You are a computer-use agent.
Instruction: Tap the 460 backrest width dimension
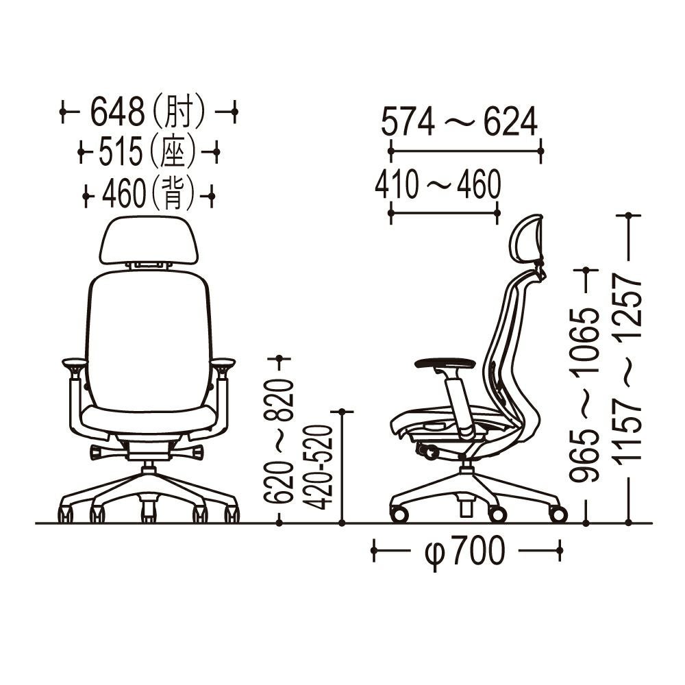(x=124, y=195)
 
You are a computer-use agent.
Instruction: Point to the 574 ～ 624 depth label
(x=459, y=123)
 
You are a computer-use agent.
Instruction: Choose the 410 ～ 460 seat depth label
(x=438, y=185)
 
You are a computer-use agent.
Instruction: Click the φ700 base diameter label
(x=465, y=550)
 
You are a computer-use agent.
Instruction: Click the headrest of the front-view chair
(x=149, y=240)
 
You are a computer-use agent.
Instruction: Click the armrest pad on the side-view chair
(x=445, y=363)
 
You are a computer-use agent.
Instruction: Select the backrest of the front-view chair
(x=148, y=336)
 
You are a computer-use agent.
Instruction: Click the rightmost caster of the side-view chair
(x=558, y=514)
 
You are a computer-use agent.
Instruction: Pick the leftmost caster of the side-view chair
(x=399, y=513)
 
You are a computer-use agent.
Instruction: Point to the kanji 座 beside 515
(x=174, y=152)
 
